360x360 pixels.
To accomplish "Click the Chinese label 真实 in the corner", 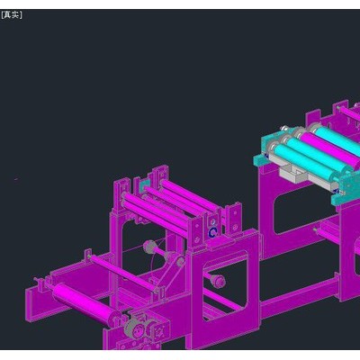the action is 12,14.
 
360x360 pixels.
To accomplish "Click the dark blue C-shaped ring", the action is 213,232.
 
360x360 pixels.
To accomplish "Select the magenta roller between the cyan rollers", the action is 327,148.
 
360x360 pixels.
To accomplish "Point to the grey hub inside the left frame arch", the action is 148,247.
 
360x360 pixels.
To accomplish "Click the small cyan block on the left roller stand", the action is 145,187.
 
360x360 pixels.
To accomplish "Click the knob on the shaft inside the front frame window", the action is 218,280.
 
